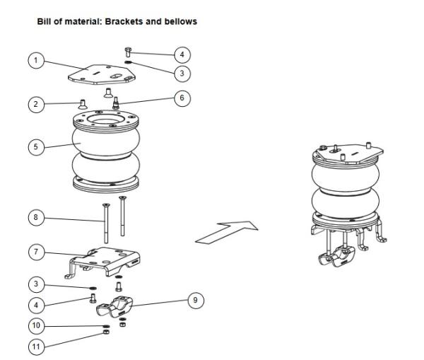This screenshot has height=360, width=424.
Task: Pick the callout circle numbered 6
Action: point(182,98)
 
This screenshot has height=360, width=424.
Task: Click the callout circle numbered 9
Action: point(197,301)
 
